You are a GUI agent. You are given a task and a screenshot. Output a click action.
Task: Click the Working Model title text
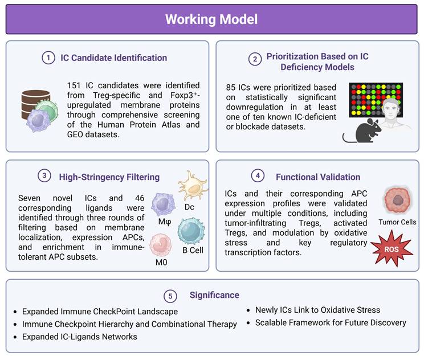[x=211, y=19]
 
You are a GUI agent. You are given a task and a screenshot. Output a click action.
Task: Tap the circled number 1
[x=49, y=58]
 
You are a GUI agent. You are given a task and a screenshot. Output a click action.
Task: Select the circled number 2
[x=254, y=58]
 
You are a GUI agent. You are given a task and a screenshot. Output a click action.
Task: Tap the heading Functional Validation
[x=318, y=177]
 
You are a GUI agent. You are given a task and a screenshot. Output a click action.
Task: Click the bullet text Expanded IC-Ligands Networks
[x=80, y=336]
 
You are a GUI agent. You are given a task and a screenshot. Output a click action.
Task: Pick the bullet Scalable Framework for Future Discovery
[x=327, y=323]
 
